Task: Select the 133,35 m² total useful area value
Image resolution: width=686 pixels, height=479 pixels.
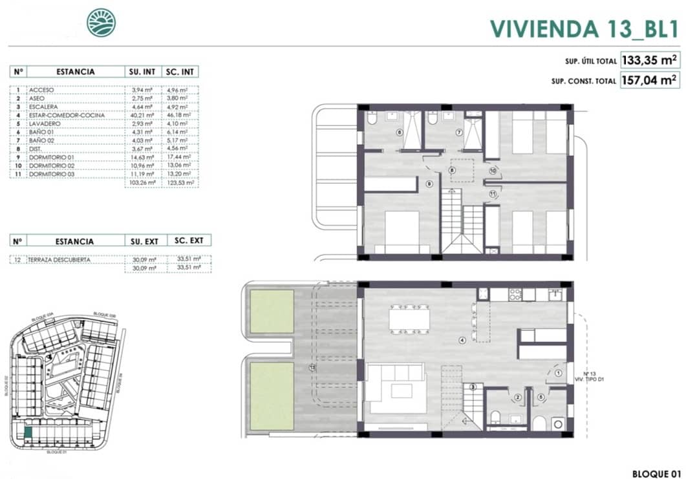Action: coord(648,61)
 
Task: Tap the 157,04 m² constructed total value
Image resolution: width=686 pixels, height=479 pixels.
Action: coord(648,81)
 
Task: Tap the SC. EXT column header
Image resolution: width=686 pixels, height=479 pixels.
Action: coord(189,240)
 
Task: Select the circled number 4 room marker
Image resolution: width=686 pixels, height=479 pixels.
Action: coord(462,340)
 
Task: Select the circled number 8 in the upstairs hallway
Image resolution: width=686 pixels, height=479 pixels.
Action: coord(452,171)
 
